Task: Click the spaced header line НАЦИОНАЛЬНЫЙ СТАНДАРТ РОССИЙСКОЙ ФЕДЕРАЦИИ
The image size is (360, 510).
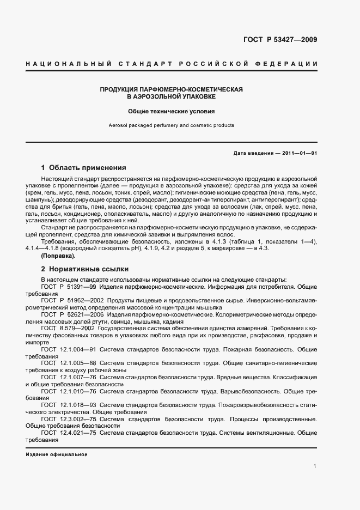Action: pos(172,64)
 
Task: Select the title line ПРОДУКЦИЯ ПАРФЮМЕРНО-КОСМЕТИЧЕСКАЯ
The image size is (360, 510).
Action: pos(172,88)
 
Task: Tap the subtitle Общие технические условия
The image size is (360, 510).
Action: pos(172,111)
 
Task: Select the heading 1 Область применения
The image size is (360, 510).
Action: pos(84,168)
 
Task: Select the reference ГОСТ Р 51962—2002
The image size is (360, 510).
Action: pos(72,300)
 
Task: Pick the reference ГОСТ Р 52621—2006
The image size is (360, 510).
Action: pos(72,315)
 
